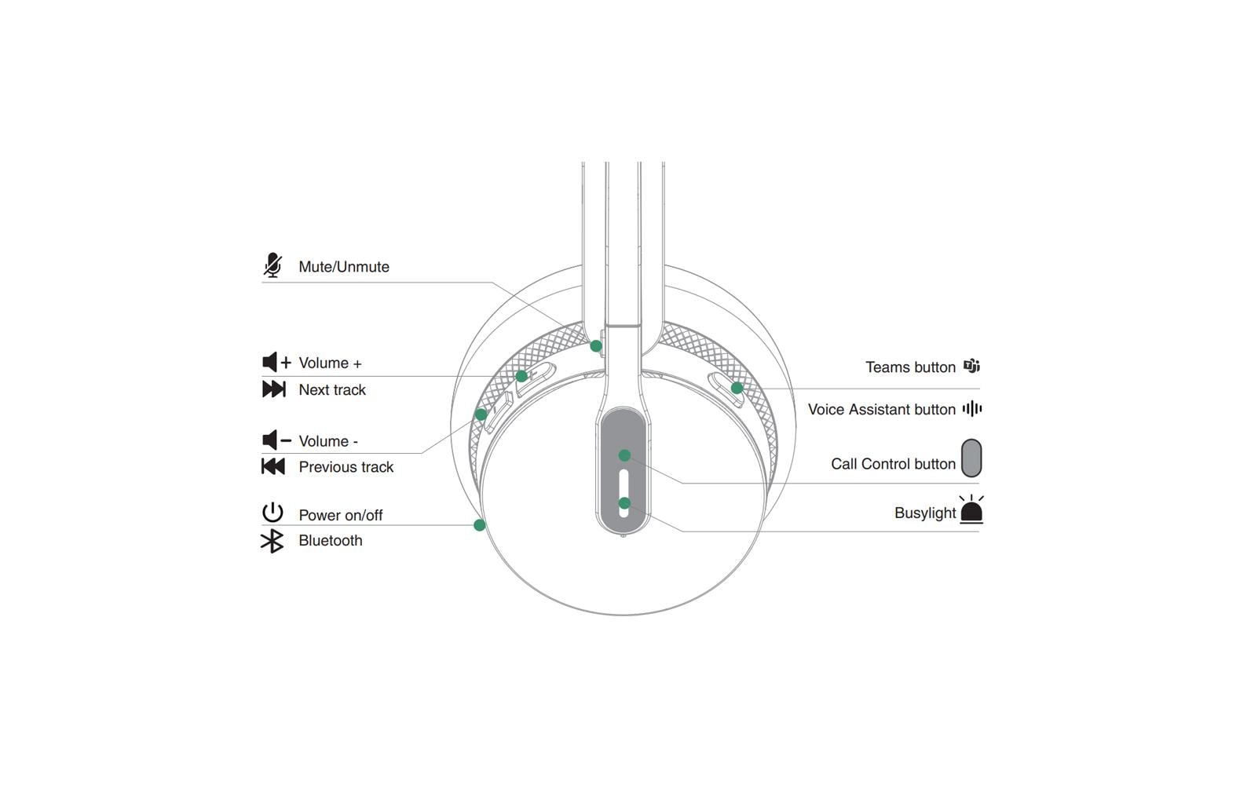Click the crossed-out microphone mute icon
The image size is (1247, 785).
(x=272, y=265)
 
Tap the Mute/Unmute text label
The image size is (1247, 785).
(x=343, y=267)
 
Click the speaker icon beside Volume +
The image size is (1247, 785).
(x=276, y=362)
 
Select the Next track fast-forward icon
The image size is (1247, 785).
(x=273, y=389)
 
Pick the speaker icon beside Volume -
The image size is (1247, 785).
(x=276, y=440)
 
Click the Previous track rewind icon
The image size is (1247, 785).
(x=272, y=466)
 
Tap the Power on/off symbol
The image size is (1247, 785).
(x=272, y=513)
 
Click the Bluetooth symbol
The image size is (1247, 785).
(x=272, y=541)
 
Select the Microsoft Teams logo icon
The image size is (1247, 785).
(x=971, y=366)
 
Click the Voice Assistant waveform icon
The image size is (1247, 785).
(x=971, y=408)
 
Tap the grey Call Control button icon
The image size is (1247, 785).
(x=971, y=458)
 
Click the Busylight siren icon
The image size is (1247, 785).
(x=971, y=510)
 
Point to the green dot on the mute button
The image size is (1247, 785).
(x=596, y=346)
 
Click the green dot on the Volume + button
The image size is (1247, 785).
(x=521, y=377)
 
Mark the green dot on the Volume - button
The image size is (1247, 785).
(x=481, y=414)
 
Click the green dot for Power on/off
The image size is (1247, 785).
(x=480, y=525)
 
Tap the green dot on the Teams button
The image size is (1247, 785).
(x=737, y=388)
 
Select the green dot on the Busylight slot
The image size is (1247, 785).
(x=624, y=503)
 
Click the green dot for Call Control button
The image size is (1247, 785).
(x=624, y=455)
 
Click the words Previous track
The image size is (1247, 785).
(x=346, y=467)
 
